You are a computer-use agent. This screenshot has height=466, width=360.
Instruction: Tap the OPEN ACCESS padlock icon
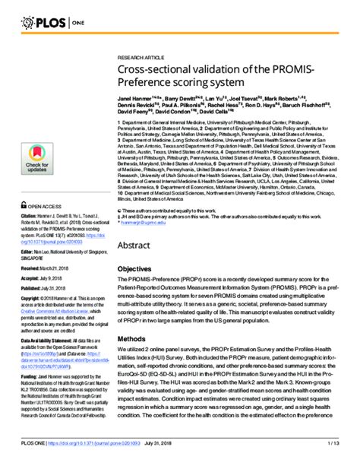coord(23,205)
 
